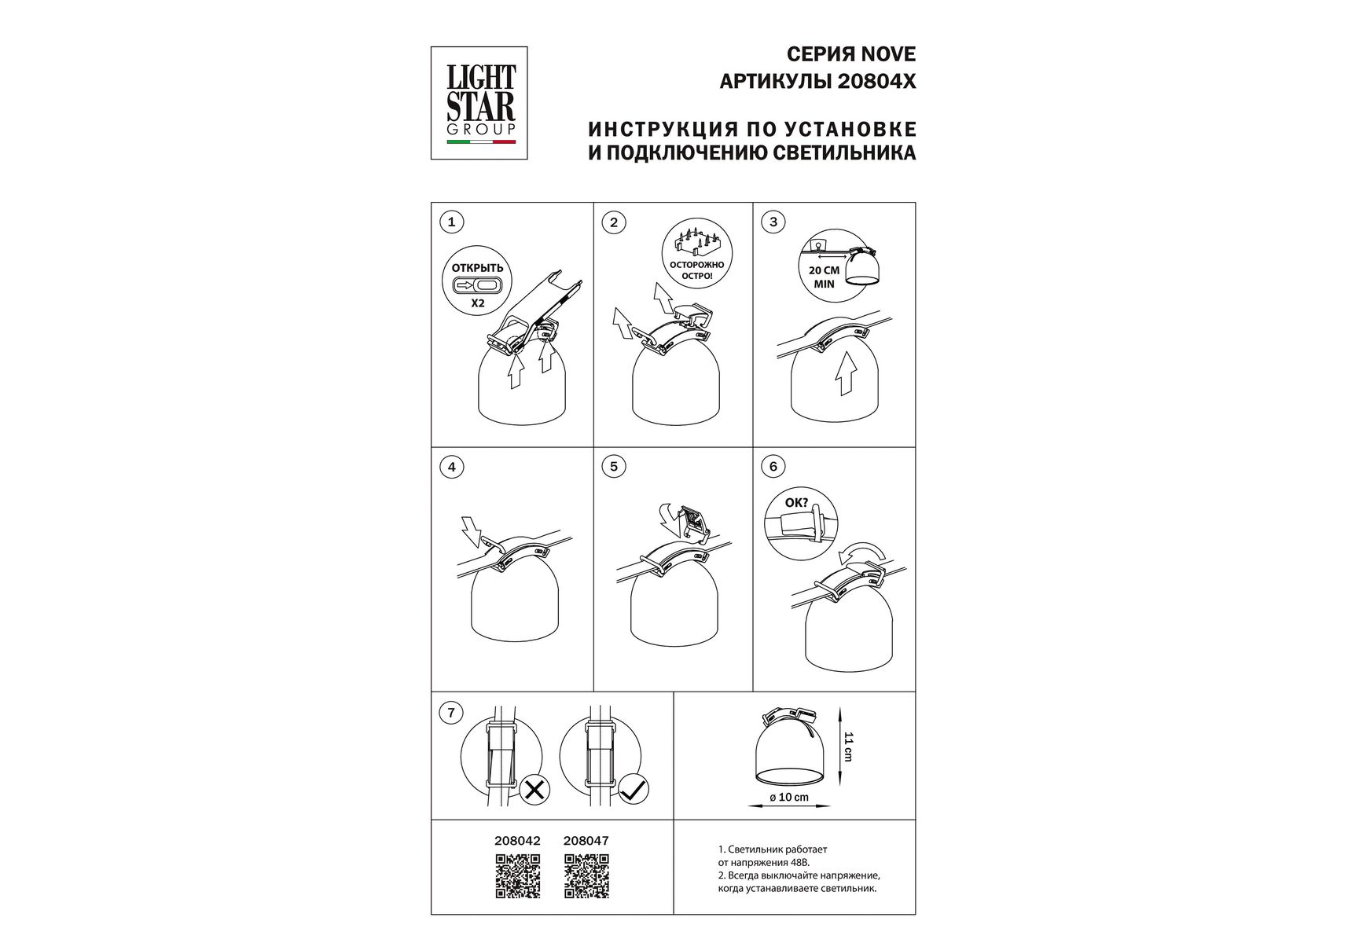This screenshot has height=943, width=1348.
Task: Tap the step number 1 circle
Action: (x=451, y=222)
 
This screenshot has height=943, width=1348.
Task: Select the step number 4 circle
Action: (x=451, y=468)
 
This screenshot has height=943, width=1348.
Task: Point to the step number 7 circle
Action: (x=451, y=714)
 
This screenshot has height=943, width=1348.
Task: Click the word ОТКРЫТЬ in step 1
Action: (x=477, y=268)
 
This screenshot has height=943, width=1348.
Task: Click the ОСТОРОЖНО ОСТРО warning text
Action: (x=692, y=270)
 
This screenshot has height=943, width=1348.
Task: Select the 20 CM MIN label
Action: (x=825, y=277)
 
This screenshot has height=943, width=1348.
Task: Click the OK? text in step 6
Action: (x=796, y=501)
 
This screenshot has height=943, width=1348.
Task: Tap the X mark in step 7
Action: (x=534, y=789)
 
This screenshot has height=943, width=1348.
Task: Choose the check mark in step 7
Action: (x=634, y=789)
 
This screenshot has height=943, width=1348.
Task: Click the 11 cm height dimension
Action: (x=848, y=746)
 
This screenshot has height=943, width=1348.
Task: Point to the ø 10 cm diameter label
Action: (x=789, y=798)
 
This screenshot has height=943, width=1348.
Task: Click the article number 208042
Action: (x=517, y=840)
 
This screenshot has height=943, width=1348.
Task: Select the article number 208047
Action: (x=586, y=840)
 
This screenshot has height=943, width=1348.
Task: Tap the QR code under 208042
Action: (x=518, y=875)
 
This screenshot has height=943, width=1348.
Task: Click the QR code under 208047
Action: (x=587, y=875)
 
